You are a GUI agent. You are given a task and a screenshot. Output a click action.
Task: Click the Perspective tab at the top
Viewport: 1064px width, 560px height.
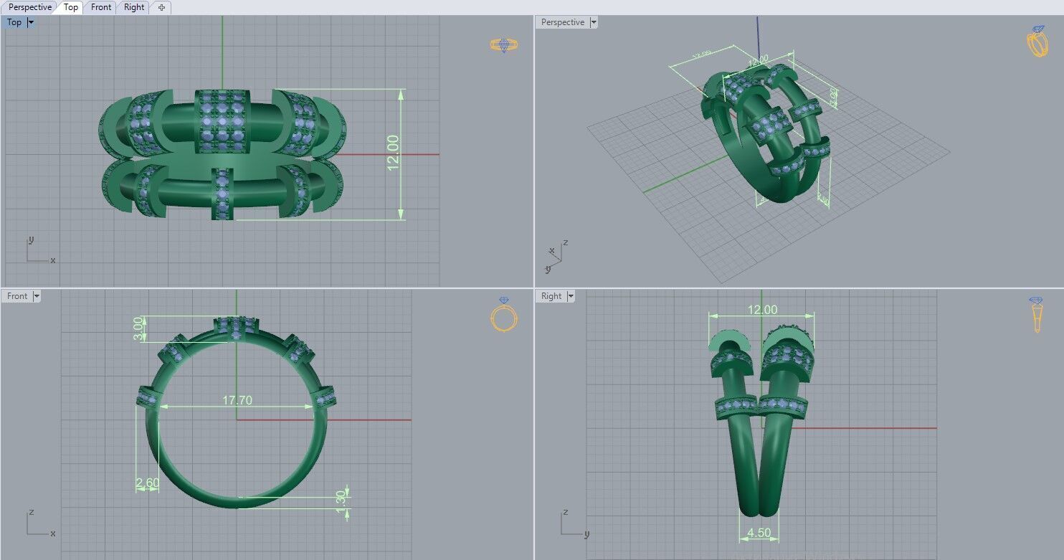click(30, 7)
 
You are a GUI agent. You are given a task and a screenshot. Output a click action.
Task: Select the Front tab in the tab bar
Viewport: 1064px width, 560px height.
click(101, 7)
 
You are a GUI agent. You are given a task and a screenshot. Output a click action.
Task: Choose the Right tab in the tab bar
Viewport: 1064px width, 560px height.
click(134, 7)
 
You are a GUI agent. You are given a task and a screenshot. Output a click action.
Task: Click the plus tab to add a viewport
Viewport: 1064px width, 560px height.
click(161, 7)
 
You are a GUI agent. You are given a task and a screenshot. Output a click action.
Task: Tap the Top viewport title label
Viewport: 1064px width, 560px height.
click(14, 22)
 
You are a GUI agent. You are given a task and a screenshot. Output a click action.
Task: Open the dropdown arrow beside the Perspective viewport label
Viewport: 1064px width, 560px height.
click(593, 22)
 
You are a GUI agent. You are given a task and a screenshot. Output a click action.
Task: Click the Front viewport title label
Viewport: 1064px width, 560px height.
click(17, 296)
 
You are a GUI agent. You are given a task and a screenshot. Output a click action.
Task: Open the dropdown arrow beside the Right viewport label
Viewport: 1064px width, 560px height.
click(571, 296)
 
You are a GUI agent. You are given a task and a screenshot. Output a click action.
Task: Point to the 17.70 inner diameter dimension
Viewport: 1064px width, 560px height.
click(237, 400)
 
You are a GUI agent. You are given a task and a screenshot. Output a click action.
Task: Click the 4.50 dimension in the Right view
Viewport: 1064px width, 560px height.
click(759, 533)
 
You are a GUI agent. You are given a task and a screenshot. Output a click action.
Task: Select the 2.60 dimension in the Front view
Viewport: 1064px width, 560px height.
click(148, 483)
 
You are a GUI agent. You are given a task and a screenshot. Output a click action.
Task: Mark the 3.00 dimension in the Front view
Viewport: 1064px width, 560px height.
click(138, 328)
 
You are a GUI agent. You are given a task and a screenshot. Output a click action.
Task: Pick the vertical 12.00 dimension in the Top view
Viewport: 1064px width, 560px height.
click(393, 153)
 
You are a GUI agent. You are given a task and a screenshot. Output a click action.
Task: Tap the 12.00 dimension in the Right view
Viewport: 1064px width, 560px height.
click(762, 310)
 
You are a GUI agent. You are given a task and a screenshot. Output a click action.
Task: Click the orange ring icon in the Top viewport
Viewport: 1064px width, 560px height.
click(504, 44)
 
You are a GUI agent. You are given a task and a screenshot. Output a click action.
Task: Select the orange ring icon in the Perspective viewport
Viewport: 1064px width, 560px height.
click(1037, 42)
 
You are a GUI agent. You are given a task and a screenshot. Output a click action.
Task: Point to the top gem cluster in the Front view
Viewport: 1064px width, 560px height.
click(237, 326)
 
